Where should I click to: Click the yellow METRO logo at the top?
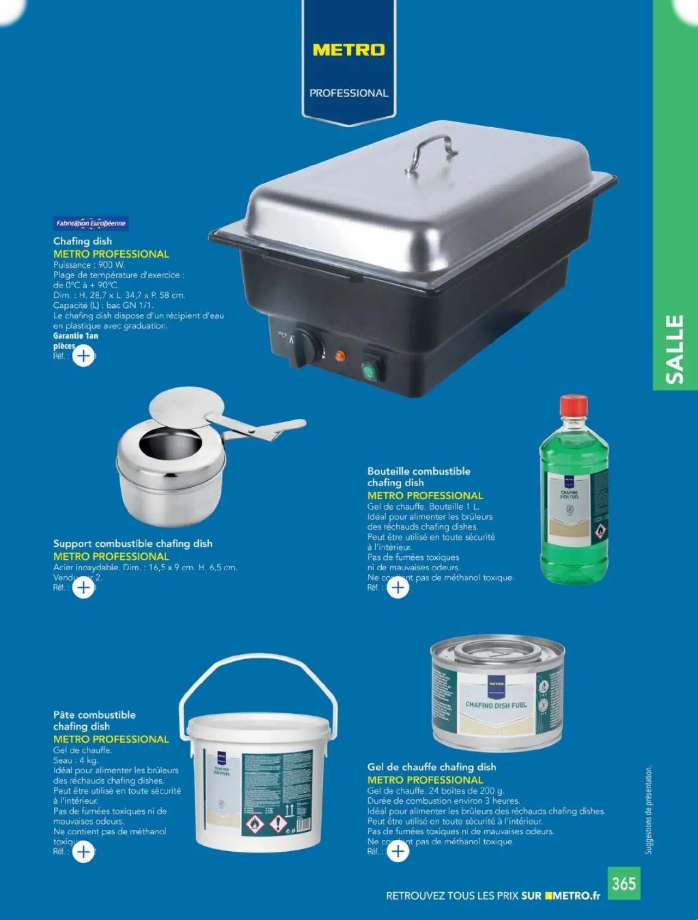pyautogui.click(x=348, y=50)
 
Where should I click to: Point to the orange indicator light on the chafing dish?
pyautogui.click(x=340, y=356)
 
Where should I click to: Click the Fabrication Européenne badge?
pyautogui.click(x=91, y=223)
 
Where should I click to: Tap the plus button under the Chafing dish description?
pyautogui.click(x=83, y=356)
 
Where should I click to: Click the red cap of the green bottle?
pyautogui.click(x=573, y=405)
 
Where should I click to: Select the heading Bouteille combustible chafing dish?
pyautogui.click(x=418, y=477)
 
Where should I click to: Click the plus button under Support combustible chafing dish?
pyautogui.click(x=83, y=588)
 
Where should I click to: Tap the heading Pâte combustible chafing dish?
pyautogui.click(x=94, y=720)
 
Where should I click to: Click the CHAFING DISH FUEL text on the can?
pyautogui.click(x=496, y=705)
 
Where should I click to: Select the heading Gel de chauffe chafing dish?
pyautogui.click(x=431, y=767)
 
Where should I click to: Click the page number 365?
pyautogui.click(x=623, y=883)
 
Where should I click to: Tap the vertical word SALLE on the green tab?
pyautogui.click(x=675, y=349)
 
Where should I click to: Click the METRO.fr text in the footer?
pyautogui.click(x=576, y=895)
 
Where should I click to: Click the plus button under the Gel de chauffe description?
pyautogui.click(x=398, y=851)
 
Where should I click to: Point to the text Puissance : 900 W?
pyautogui.click(x=89, y=265)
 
